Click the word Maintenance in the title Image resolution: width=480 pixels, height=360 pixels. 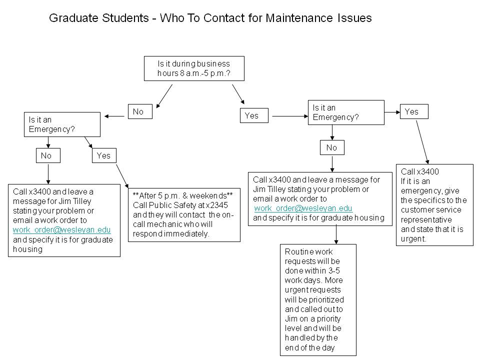(296, 18)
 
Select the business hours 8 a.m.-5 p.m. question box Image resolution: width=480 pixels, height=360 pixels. (194, 68)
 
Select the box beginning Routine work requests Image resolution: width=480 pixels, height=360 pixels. (318, 299)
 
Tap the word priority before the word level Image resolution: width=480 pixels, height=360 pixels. (328, 318)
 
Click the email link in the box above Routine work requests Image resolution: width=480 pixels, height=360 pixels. (303, 208)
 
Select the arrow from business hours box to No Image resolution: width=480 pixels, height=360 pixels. (165, 95)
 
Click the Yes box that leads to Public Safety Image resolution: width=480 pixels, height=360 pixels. (103, 155)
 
